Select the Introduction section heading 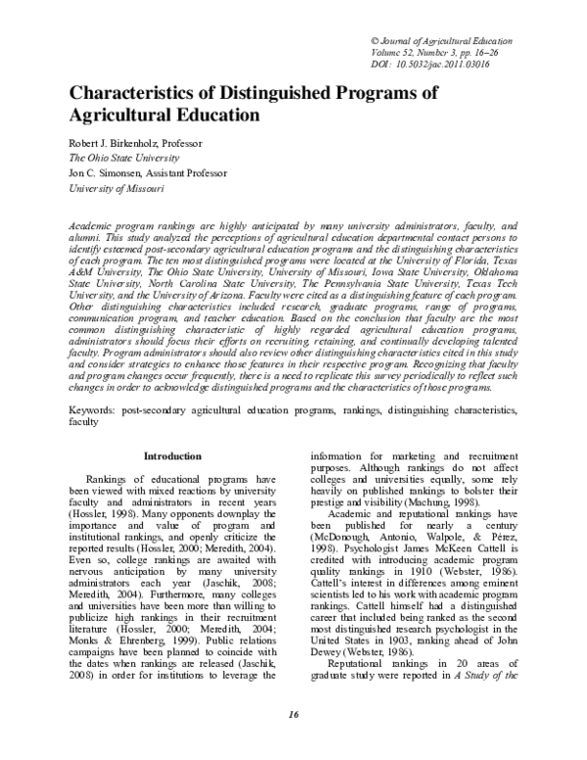coord(172,456)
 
